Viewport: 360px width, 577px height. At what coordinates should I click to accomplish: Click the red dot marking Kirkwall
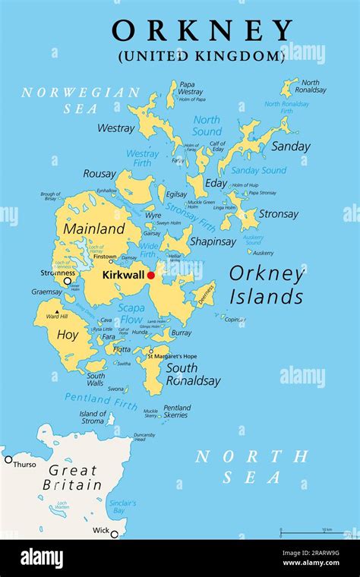click(150, 275)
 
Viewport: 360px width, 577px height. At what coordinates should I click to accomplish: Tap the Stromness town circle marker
click(68, 281)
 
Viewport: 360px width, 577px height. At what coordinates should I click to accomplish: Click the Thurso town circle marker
click(8, 459)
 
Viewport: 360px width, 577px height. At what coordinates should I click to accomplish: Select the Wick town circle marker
click(114, 534)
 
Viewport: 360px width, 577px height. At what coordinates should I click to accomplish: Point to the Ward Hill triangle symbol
click(56, 311)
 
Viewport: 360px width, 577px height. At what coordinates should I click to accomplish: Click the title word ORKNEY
click(202, 31)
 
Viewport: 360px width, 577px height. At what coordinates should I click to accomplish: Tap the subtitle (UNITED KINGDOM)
click(201, 55)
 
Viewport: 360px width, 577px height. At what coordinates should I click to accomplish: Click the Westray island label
click(115, 128)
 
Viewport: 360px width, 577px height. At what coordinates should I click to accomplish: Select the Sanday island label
click(291, 147)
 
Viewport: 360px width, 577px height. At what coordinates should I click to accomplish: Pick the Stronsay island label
click(279, 214)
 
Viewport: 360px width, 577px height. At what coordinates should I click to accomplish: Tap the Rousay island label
click(99, 174)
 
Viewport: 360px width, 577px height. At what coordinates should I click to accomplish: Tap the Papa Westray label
click(190, 88)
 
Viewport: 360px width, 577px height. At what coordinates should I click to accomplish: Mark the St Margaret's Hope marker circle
click(150, 351)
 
